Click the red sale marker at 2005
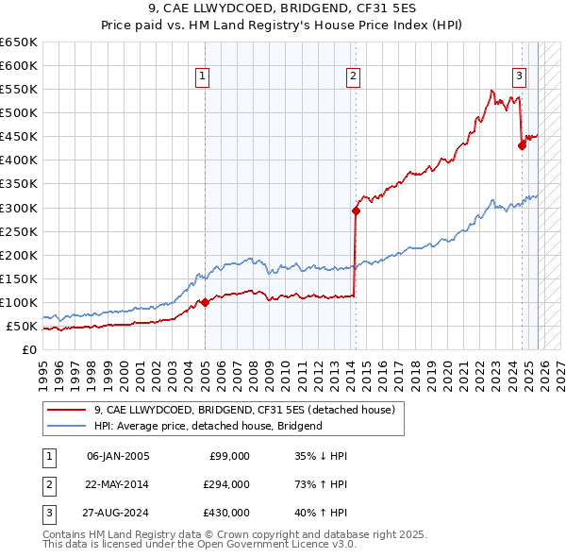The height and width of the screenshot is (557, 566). click(205, 303)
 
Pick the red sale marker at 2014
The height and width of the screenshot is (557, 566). click(356, 211)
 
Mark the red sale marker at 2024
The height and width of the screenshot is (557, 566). click(522, 145)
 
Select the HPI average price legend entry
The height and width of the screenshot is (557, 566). click(208, 426)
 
